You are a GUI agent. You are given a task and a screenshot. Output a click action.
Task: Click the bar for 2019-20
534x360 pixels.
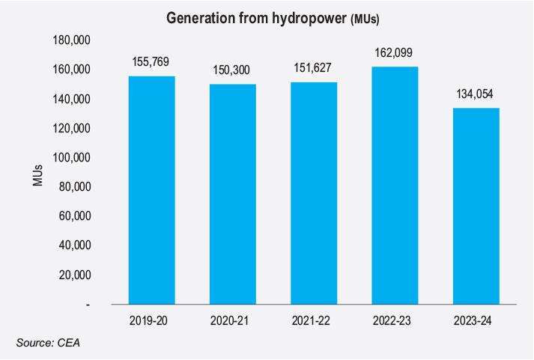tap(151, 191)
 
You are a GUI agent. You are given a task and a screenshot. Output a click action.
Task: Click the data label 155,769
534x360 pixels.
tap(151, 62)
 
